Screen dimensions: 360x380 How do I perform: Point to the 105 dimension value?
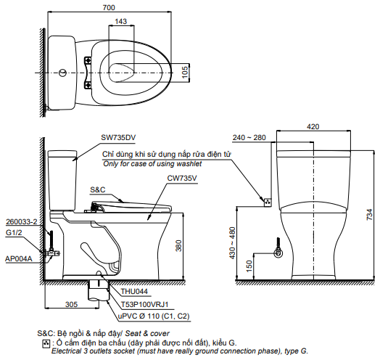click(184, 70)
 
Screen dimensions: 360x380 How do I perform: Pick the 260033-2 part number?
click(21, 221)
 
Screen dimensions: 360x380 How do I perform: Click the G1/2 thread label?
click(14, 234)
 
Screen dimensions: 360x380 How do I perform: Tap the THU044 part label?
click(134, 292)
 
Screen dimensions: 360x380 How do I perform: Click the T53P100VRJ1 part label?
click(144, 303)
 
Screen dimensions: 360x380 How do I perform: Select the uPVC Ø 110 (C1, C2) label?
click(153, 316)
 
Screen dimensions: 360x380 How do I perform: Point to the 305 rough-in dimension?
click(71, 304)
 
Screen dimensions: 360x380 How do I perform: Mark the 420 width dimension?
click(313, 126)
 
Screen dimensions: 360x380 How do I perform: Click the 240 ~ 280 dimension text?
click(249, 137)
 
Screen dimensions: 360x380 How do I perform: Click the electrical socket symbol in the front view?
click(266, 202)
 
